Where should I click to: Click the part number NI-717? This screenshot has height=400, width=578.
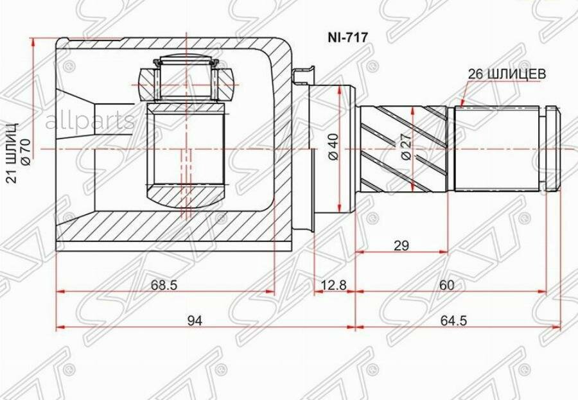coord(347,37)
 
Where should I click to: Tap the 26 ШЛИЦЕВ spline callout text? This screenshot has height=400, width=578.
coord(507,74)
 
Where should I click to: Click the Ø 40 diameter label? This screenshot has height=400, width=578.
coord(332,147)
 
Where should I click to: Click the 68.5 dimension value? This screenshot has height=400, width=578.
coord(164,284)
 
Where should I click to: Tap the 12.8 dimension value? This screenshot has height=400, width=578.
coord(333,284)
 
